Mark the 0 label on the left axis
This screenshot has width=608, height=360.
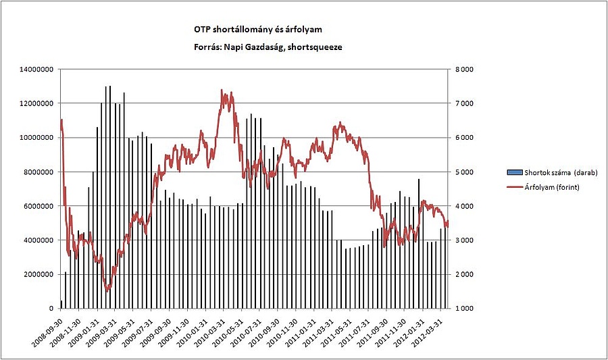(53, 309)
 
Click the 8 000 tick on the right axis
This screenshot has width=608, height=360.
(464, 70)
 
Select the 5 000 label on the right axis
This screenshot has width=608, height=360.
(464, 172)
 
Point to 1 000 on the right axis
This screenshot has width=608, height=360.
(464, 309)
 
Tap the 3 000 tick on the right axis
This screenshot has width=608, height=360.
(464, 240)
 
